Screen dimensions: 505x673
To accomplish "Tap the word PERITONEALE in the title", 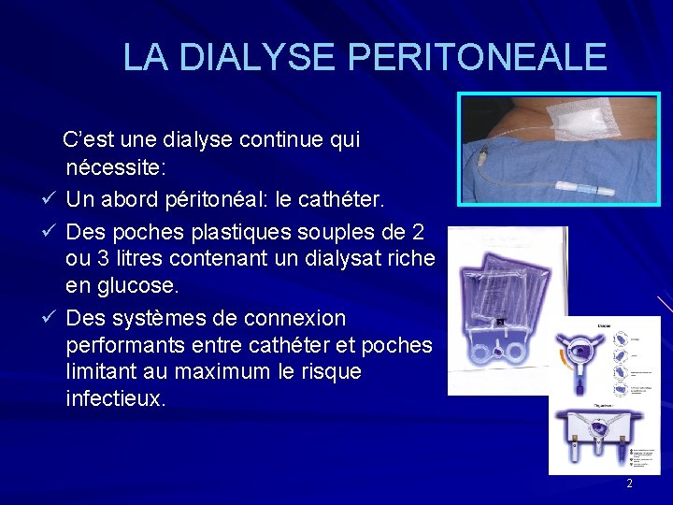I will (478, 58).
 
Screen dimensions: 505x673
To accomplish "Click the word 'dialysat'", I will (351, 257).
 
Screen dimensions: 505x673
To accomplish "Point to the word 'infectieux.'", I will (117, 399).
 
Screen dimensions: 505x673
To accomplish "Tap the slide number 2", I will (629, 483).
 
